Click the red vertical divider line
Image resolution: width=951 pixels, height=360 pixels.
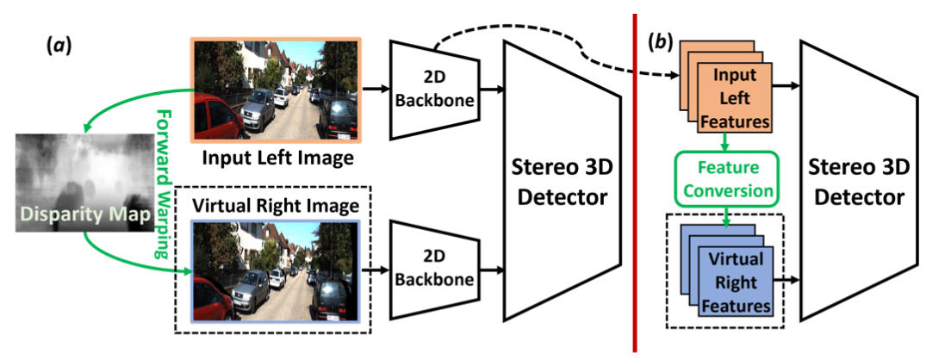[635, 181]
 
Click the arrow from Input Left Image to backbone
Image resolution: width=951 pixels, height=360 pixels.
[376, 89]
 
